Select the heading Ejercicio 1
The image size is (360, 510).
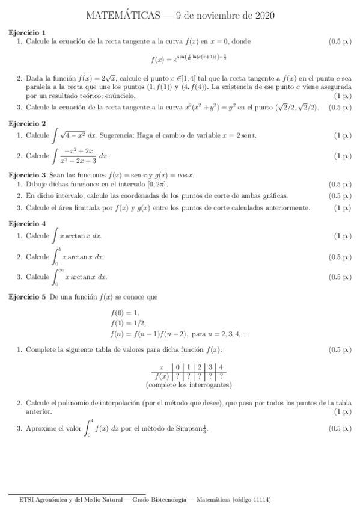coord(27,32)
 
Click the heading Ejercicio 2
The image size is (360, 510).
coord(27,123)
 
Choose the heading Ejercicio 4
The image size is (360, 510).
coord(27,223)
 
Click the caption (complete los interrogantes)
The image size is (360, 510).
coord(189,384)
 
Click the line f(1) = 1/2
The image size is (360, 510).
coord(127,323)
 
